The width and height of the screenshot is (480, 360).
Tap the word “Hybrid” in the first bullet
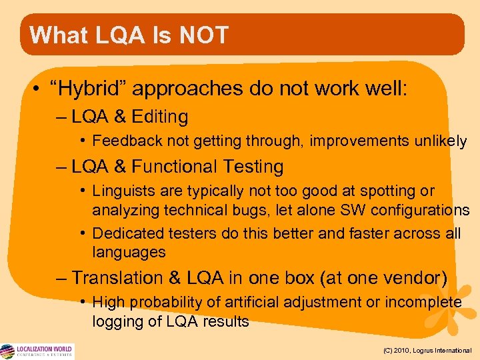click(85, 88)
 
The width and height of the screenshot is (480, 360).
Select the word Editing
click(160, 117)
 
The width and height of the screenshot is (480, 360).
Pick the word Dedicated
click(125, 234)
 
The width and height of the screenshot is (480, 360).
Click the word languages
click(129, 252)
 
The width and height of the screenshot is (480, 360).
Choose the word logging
click(115, 321)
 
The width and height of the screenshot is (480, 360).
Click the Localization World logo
click(37, 351)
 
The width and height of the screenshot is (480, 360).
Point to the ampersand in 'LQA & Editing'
click(120, 117)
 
